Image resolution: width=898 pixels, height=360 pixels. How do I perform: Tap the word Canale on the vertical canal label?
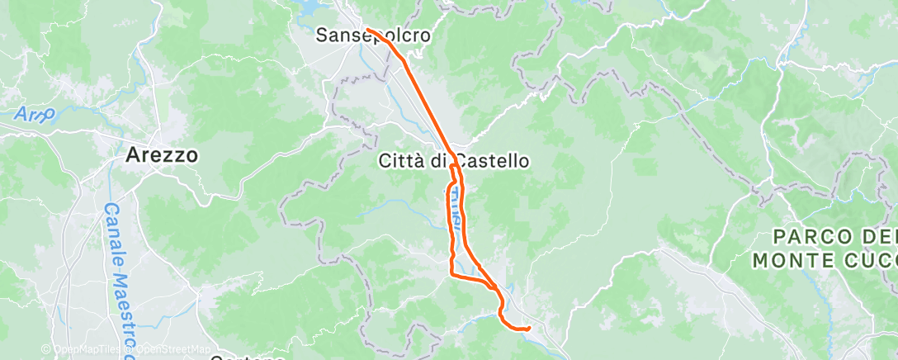coord(112,230)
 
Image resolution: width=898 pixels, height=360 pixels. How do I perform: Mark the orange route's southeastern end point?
coord(527,329)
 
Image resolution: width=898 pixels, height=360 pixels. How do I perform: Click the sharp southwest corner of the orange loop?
coord(451,273)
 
